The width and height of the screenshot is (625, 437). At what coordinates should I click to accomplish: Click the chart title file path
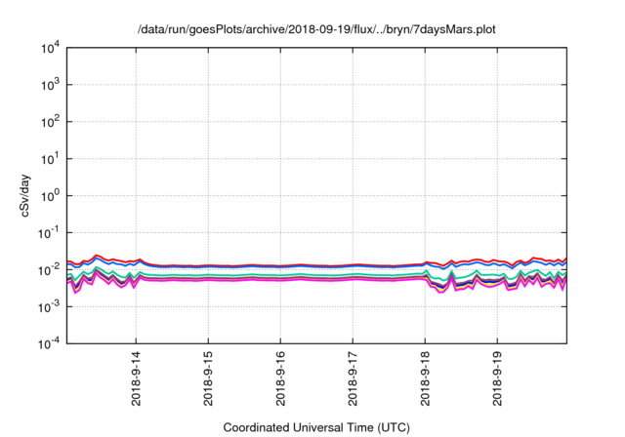point(316,29)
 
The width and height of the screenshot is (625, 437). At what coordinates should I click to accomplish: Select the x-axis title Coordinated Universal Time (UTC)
point(316,427)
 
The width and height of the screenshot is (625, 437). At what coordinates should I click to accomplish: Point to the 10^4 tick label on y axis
point(50,48)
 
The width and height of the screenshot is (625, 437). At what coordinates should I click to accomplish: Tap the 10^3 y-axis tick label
point(50,85)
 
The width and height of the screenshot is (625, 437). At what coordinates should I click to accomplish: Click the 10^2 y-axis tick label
point(50,122)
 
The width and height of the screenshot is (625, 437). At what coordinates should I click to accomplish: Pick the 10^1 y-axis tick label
point(50,158)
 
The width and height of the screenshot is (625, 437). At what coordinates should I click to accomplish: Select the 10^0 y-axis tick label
point(50,195)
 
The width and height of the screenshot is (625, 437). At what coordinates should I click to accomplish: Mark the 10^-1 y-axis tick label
point(50,232)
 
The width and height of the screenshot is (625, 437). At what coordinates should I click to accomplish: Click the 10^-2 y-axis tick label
point(50,269)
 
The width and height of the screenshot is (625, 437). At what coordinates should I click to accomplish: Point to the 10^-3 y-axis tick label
point(50,306)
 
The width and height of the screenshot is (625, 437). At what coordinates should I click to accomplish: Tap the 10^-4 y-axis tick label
point(50,343)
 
